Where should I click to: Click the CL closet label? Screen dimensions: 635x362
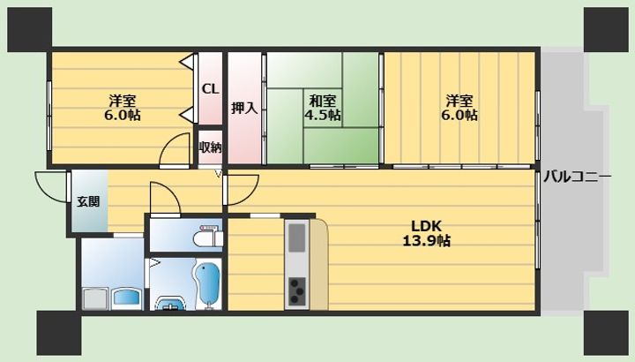coord(210,89)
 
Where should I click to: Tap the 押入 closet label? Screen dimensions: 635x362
coord(244,108)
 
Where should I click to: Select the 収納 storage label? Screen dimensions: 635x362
coord(210,147)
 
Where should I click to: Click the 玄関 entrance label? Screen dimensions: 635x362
coord(88,201)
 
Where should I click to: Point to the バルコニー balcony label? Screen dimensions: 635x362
coord(577,177)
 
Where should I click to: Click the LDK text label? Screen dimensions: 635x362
coord(426,225)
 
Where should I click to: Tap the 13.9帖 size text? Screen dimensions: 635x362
coord(427,241)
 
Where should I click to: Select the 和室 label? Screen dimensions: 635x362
coord(323,100)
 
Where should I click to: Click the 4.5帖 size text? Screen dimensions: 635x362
coord(323,115)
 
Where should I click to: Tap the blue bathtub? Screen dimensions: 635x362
coord(208,283)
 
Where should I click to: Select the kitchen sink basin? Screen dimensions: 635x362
coord(297,238)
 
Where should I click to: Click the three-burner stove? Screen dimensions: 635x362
coord(297,290)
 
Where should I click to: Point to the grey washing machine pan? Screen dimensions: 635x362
coord(96,298)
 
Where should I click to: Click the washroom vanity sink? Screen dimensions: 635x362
coord(127,298)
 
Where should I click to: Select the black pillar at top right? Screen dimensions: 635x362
coord(606,30)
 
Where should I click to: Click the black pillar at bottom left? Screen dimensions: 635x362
coord(59,333)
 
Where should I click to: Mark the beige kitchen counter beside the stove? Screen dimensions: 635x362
coord(319,264)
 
